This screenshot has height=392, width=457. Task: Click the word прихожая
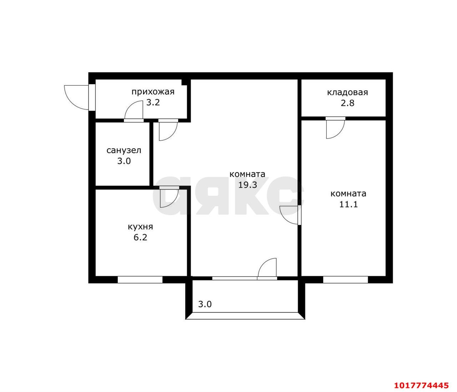pos(153,92)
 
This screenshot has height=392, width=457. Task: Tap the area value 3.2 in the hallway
pos(153,102)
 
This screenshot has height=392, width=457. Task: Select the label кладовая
pos(347,92)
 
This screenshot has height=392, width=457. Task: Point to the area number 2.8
pos(347,103)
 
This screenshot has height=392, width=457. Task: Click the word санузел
pos(124,151)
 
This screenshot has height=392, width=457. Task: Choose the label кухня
pos(140,227)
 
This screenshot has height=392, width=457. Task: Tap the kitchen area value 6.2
pos(140,238)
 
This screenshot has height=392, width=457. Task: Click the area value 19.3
pos(247,185)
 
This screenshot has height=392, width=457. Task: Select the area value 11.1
pos(348,204)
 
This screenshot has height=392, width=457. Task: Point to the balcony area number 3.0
pos(205,304)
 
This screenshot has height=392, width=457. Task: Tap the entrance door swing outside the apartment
pos(76,97)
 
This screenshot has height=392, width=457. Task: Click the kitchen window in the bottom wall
pos(140,280)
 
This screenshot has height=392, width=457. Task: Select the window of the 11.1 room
pos(345,280)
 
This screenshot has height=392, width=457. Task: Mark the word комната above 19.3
pos(247,174)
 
